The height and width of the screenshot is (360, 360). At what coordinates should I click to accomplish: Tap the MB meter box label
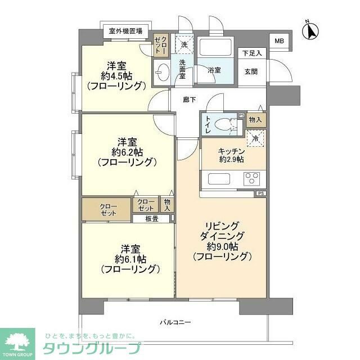[x=279, y=40]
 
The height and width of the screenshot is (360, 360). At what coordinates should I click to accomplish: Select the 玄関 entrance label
[x=251, y=71]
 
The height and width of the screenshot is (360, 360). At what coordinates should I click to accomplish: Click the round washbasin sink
[x=162, y=73]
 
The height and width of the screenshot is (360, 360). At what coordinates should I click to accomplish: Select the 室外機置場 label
[x=125, y=30]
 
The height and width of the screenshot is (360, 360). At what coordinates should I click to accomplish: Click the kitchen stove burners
[x=251, y=179]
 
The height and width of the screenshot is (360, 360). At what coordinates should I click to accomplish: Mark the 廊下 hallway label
[x=190, y=100]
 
